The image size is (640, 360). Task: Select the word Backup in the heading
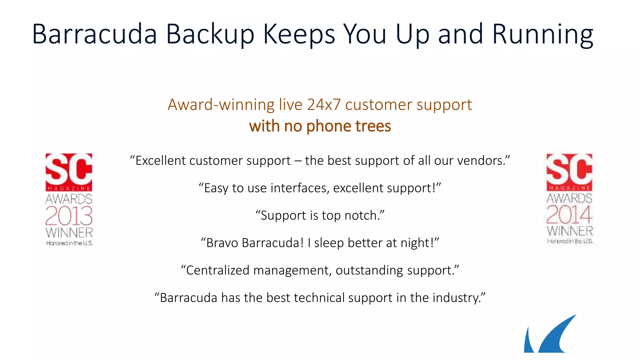tap(210, 34)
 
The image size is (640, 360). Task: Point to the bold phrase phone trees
tap(348, 126)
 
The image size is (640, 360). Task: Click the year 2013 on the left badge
tap(69, 216)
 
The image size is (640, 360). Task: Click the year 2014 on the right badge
tap(569, 215)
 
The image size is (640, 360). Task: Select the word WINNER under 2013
tap(69, 233)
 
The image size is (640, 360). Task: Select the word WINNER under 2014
tap(570, 231)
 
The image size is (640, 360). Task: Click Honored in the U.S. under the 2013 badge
tap(69, 243)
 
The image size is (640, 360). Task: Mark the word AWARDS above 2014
tap(569, 198)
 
